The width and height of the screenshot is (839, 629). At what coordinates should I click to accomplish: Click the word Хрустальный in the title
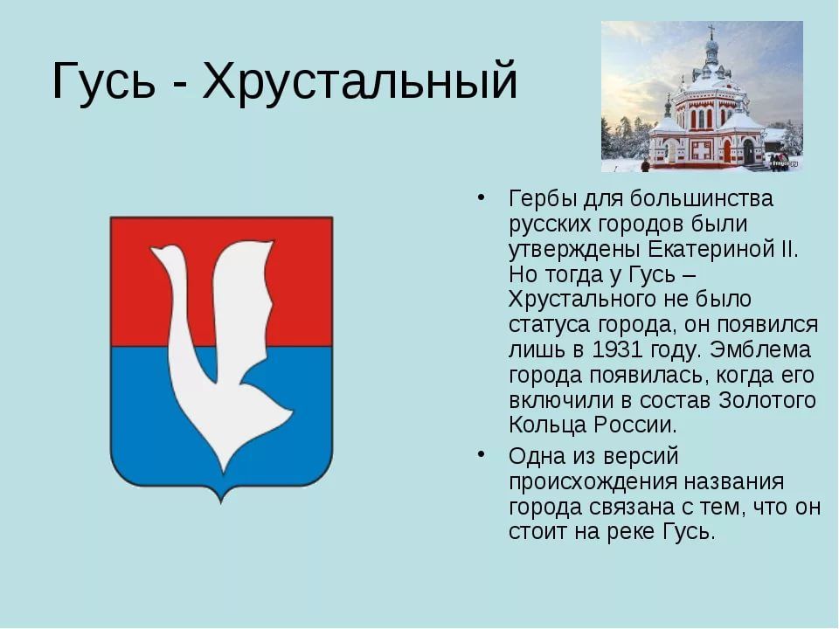359,81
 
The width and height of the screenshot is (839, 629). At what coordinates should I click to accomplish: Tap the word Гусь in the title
103,79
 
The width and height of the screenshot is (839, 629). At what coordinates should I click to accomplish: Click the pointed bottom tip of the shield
221,501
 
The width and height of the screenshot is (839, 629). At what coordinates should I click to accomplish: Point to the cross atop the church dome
711,31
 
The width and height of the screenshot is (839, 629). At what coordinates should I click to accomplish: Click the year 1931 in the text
617,349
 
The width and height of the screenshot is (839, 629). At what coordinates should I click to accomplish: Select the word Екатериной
709,249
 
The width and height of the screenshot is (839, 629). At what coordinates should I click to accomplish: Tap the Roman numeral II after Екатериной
786,249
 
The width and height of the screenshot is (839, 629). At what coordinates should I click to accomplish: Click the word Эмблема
760,349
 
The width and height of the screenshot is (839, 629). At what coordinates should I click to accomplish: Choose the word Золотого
766,400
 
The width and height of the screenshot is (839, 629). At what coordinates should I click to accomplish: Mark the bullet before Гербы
482,197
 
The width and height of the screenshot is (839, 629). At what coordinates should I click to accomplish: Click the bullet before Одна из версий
482,455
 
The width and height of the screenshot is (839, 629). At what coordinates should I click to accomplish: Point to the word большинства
702,199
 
